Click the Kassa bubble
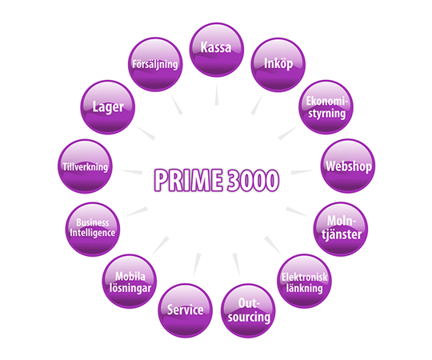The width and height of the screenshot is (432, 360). pyautogui.click(x=217, y=50)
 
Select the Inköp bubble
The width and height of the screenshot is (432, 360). pyautogui.click(x=278, y=65)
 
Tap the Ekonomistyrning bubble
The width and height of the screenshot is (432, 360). pyautogui.click(x=326, y=107)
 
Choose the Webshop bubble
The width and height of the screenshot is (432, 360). pyautogui.click(x=348, y=166)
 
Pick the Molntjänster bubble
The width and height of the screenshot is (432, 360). pyautogui.click(x=341, y=229)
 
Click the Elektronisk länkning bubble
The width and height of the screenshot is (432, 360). pyautogui.click(x=304, y=282)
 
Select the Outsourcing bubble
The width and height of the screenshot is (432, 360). pyautogui.click(x=248, y=310)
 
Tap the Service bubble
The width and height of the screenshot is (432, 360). pyautogui.click(x=185, y=310)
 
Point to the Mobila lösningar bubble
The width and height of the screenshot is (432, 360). pyautogui.click(x=130, y=282)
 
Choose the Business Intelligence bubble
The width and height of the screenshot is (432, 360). pyautogui.click(x=93, y=230)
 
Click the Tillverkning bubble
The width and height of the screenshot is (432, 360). pyautogui.click(x=85, y=166)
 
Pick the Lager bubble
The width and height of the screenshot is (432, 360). pyautogui.click(x=108, y=107)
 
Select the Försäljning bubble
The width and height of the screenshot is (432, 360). pyautogui.click(x=155, y=65)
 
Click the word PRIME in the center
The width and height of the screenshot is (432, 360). pyautogui.click(x=188, y=180)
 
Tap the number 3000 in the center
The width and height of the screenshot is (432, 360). pyautogui.click(x=254, y=180)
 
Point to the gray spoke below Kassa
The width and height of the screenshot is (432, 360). pyautogui.click(x=217, y=95)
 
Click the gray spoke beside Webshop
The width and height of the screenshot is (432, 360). pyautogui.click(x=302, y=172)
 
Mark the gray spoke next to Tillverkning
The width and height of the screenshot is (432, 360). pyautogui.click(x=131, y=172)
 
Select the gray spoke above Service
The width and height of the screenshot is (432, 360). pyautogui.click(x=197, y=265)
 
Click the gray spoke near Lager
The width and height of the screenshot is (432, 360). pyautogui.click(x=146, y=134)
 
